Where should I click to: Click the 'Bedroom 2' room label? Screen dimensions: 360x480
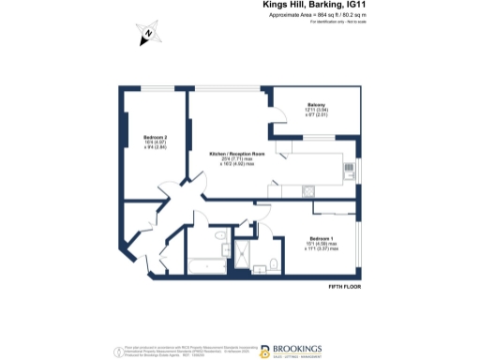tap(142, 137)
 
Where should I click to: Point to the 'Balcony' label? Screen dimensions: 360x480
tap(314, 104)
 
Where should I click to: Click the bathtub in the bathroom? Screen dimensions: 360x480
tap(205, 266)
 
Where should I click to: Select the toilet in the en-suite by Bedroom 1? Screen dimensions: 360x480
tap(271, 264)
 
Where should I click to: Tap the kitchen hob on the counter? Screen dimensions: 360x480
tap(310, 191)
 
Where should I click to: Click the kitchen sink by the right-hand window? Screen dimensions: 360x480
tap(350, 170)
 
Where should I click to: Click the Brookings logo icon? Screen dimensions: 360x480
tap(265, 351)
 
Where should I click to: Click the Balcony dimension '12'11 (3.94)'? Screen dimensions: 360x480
tap(314, 111)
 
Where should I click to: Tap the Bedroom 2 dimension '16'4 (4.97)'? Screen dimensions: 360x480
tap(142, 142)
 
